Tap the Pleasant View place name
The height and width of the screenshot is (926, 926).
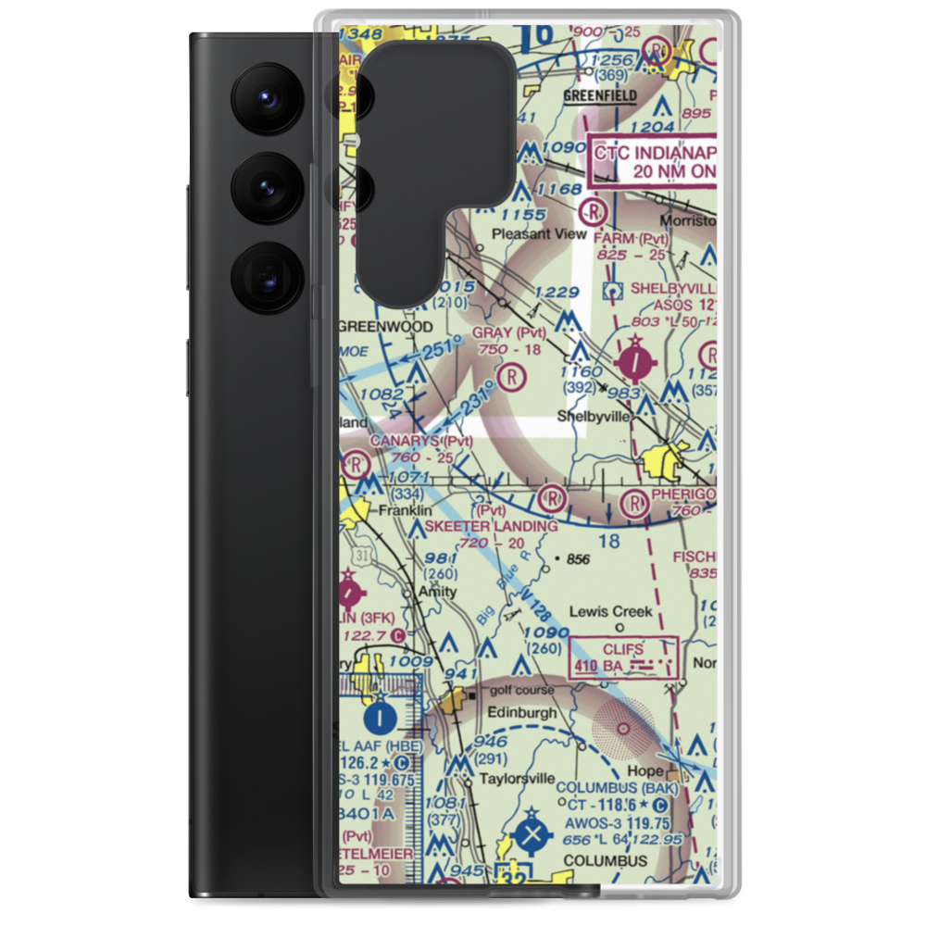(x=552, y=234)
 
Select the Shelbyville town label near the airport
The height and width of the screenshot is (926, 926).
(x=594, y=417)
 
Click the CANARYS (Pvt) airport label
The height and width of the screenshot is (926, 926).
(x=421, y=441)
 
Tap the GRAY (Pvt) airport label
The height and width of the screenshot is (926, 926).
(x=508, y=332)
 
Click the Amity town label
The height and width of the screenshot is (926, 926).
(x=436, y=591)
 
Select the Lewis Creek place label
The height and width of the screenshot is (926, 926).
(x=610, y=611)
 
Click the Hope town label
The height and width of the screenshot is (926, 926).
(x=644, y=770)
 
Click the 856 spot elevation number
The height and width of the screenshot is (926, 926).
(x=578, y=559)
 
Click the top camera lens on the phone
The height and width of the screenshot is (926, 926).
(x=263, y=98)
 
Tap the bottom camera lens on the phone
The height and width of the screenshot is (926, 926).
(x=263, y=275)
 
